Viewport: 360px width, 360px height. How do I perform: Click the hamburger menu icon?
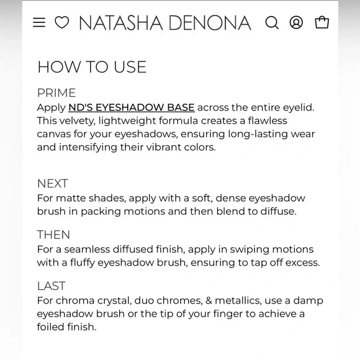tap(39, 23)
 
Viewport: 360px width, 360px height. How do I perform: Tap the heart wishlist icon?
tap(62, 23)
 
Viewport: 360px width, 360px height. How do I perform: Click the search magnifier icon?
tap(272, 23)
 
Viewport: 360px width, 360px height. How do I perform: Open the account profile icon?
tap(297, 23)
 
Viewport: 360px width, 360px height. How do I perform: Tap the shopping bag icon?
tap(322, 23)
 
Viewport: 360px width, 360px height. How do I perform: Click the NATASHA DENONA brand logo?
tap(165, 24)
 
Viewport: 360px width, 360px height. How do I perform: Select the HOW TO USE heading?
tap(92, 67)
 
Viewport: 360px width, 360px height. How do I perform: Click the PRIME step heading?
tap(56, 93)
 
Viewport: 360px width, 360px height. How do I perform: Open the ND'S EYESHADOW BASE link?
tap(132, 107)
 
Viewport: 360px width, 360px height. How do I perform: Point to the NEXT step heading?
tap(53, 184)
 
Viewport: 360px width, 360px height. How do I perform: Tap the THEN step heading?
tap(53, 235)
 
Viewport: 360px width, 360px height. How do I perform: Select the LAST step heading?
tap(51, 286)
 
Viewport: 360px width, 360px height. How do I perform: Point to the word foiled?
tap(52, 326)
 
